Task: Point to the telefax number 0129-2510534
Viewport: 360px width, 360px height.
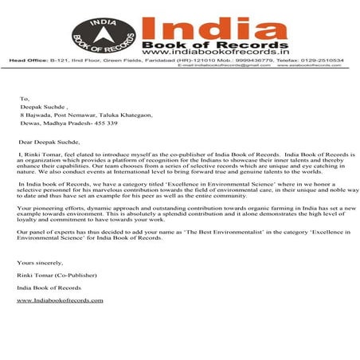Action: [x=323, y=59]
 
